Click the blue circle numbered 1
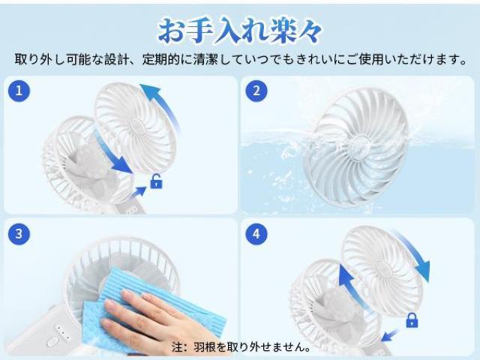19,91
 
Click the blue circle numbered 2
256,91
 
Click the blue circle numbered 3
19,234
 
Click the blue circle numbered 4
256,234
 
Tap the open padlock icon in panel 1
156,181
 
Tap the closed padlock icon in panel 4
412,321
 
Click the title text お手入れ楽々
240,30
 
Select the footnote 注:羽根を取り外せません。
241,347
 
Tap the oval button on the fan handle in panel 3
52,340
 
